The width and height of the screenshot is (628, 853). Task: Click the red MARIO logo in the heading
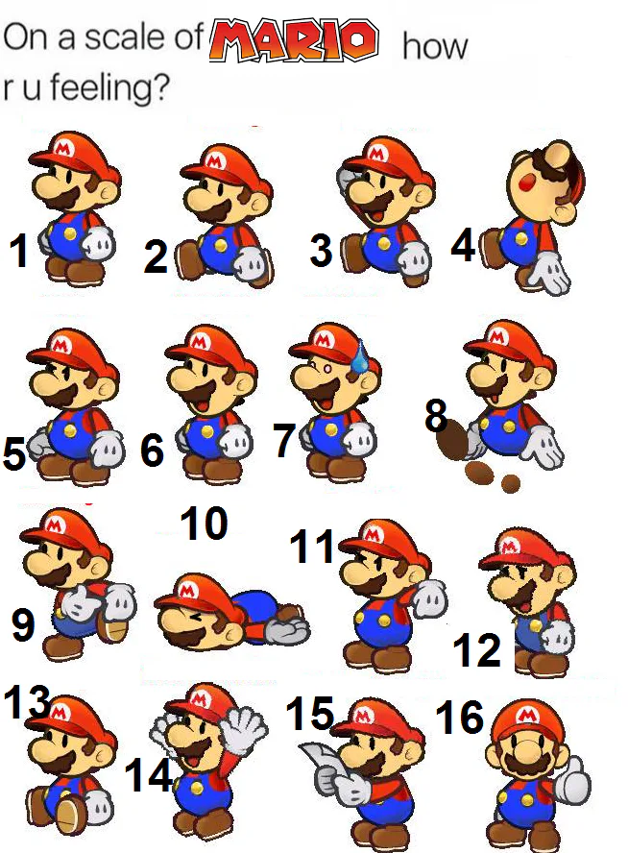(x=294, y=39)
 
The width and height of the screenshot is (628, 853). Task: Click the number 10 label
(x=204, y=524)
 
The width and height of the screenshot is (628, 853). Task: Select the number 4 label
(x=463, y=244)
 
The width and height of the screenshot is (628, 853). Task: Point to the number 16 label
(x=459, y=716)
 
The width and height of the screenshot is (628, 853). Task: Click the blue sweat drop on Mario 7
(x=358, y=357)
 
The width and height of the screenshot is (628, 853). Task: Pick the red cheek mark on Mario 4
(x=526, y=183)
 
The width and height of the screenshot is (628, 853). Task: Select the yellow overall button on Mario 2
(x=221, y=246)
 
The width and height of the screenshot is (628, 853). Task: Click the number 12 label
(x=476, y=649)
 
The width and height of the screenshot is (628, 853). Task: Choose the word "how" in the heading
(x=435, y=46)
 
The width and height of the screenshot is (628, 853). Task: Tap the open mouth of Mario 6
(x=200, y=401)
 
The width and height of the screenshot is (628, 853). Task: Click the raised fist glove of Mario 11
(x=429, y=597)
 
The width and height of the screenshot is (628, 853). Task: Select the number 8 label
(x=436, y=416)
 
